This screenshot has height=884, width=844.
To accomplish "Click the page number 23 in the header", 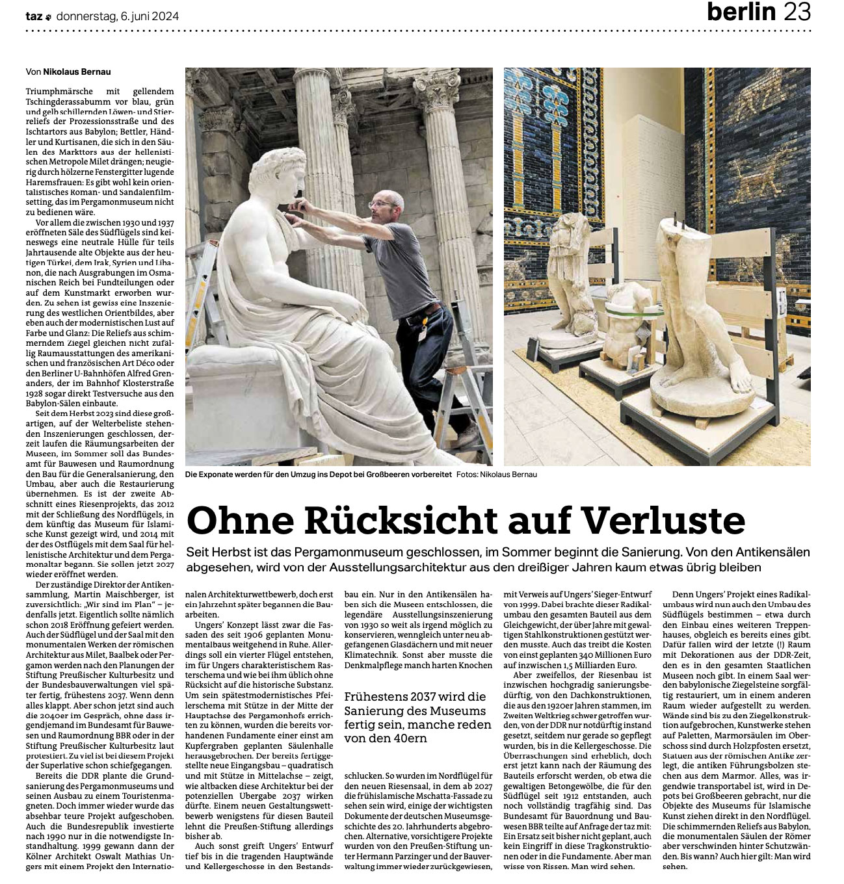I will tap(797, 13).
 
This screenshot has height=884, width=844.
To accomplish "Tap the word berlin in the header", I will tap(741, 13).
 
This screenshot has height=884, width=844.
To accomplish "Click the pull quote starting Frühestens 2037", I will tap(415, 718).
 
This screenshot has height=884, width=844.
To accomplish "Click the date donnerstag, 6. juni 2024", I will tap(118, 16).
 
